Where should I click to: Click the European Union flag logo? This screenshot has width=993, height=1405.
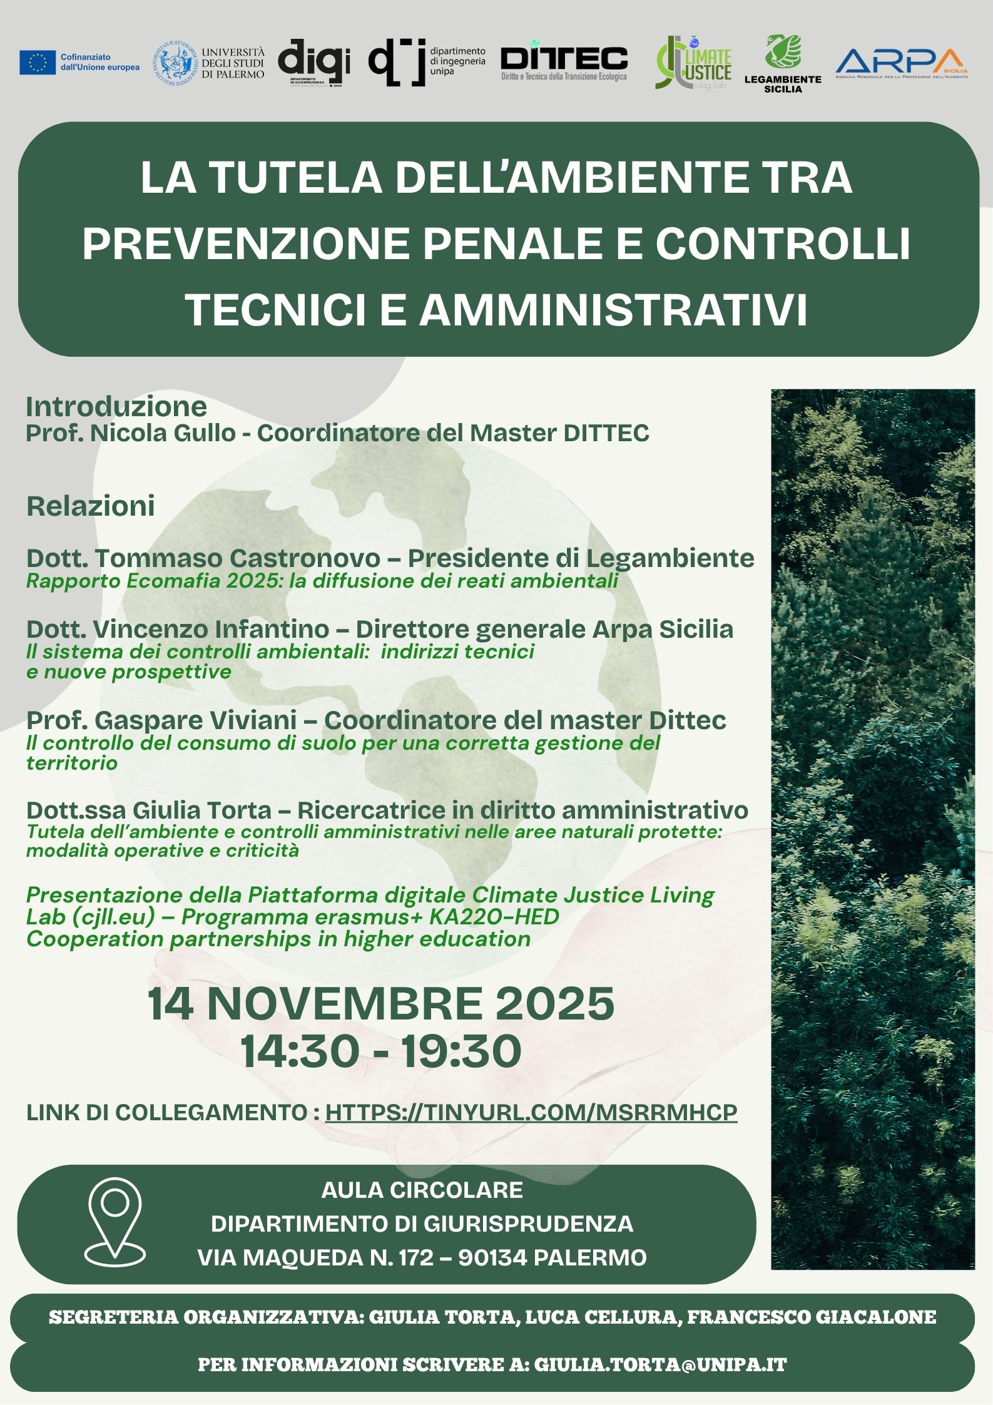click(x=38, y=63)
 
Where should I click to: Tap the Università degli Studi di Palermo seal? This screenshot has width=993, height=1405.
click(x=176, y=64)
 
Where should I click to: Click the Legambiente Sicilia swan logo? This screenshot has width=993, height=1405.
click(x=783, y=53)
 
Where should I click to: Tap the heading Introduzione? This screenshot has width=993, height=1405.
click(x=116, y=407)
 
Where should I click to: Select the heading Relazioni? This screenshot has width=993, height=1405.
click(x=91, y=506)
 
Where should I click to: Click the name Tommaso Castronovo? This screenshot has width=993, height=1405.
click(x=237, y=558)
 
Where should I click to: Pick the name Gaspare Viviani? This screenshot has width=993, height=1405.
click(x=195, y=720)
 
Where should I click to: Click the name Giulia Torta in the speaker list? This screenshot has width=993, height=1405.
click(x=201, y=810)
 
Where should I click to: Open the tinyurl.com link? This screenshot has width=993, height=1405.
click(x=531, y=1112)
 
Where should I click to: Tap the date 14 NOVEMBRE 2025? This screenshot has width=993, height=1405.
click(x=381, y=1003)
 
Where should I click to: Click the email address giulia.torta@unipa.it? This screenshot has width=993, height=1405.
click(x=660, y=1364)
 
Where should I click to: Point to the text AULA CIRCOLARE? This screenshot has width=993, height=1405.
click(x=422, y=1190)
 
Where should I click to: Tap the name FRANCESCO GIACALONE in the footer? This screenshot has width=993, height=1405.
click(x=812, y=1317)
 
